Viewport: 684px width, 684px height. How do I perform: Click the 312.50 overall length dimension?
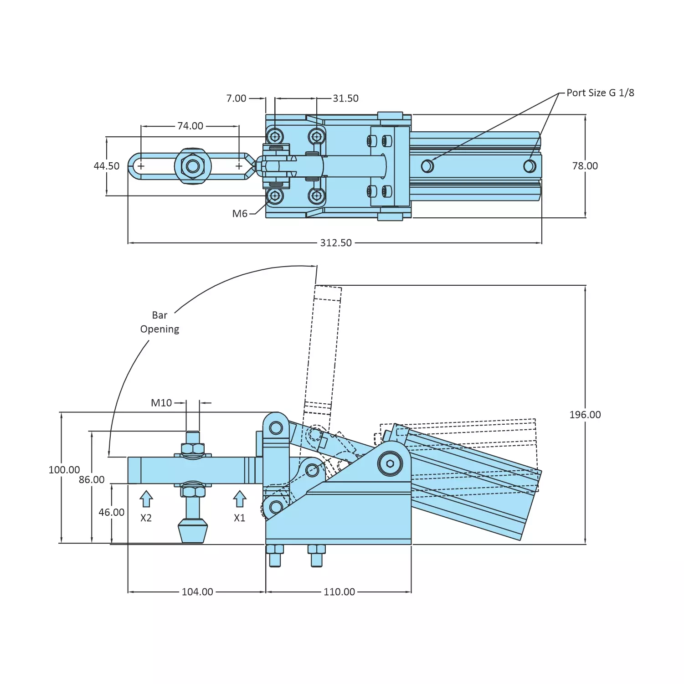336,243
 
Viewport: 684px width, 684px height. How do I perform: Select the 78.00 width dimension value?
585,166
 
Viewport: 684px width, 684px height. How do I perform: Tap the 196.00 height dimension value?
585,415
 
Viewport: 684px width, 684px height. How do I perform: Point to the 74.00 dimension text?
190,126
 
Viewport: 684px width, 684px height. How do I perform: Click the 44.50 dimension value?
107,166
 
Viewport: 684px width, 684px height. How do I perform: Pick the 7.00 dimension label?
236,98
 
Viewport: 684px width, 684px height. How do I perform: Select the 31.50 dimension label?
345,98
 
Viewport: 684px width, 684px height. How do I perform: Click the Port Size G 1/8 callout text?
600,93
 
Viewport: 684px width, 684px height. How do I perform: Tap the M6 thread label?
240,214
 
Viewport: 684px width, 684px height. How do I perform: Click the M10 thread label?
161,403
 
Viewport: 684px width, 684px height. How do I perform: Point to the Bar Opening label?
159,322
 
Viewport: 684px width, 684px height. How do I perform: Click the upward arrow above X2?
146,499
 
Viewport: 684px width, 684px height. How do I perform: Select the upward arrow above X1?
240,499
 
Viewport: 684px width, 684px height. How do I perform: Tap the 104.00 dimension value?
197,592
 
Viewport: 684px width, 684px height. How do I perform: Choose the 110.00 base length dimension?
339,592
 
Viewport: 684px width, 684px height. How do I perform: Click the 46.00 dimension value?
112,512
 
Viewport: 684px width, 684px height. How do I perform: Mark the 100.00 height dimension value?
64,470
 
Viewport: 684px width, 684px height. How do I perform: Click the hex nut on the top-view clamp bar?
193,166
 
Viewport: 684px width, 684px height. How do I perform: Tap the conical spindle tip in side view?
193,531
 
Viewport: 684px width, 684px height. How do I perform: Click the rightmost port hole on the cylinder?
530,166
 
